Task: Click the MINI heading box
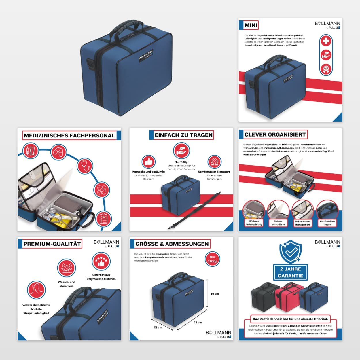coord(251,25)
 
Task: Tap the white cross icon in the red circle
coord(326,41)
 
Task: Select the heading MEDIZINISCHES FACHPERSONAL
coord(69,135)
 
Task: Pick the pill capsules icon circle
coord(59,152)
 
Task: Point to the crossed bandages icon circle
coord(102,190)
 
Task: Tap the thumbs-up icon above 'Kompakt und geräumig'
coord(149,162)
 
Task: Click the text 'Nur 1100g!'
coord(181,162)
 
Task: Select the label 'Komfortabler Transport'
coord(214,172)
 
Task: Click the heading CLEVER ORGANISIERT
coord(275,134)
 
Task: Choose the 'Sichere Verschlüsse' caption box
coord(278,223)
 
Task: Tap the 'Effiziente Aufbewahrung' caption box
coord(254,223)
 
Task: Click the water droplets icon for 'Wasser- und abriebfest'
coord(67,268)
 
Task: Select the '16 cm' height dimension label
coord(215,294)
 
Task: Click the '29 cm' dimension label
coord(198,322)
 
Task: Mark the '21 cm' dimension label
coord(158,327)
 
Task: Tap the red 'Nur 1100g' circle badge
coord(213,259)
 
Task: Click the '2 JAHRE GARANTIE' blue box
coord(290,272)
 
